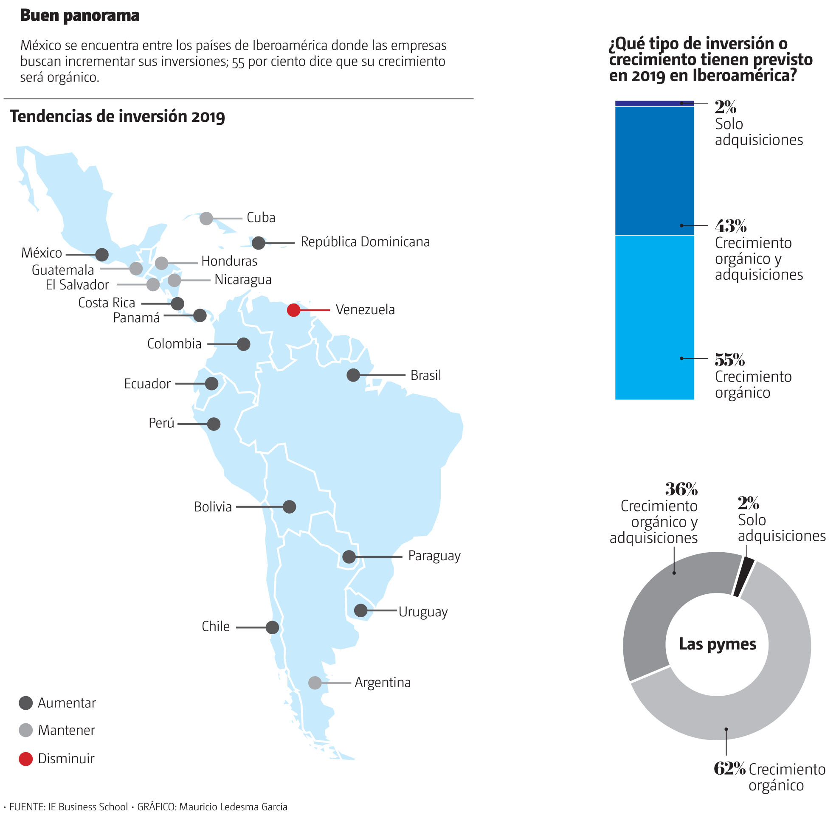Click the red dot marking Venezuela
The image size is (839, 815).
(293, 310)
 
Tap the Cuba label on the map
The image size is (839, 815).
(261, 217)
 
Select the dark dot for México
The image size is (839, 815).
(102, 255)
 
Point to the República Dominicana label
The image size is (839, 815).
(365, 242)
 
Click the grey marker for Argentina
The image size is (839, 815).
(315, 683)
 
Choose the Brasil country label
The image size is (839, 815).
(425, 375)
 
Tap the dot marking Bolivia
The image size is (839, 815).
(290, 507)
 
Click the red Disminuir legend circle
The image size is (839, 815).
(26, 759)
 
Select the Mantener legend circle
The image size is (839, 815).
(26, 730)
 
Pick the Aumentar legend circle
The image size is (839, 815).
(26, 703)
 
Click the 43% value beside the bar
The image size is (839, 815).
(730, 225)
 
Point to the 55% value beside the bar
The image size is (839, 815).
(729, 360)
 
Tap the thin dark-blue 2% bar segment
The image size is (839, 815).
(654, 104)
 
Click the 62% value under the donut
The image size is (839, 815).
(729, 769)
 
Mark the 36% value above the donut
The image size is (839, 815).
(681, 489)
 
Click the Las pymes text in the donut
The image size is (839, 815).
(718, 644)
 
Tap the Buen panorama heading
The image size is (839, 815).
(80, 16)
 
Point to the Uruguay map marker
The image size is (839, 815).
(361, 610)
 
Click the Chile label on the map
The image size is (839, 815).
(216, 626)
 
